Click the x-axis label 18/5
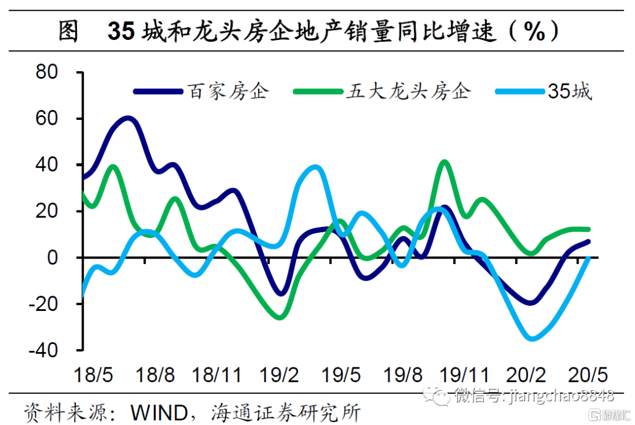tap(92, 374)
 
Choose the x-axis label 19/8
tap(402, 374)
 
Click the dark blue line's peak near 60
tap(128, 119)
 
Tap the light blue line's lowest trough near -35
tap(533, 339)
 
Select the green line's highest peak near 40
tap(444, 162)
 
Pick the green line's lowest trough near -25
tap(280, 317)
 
